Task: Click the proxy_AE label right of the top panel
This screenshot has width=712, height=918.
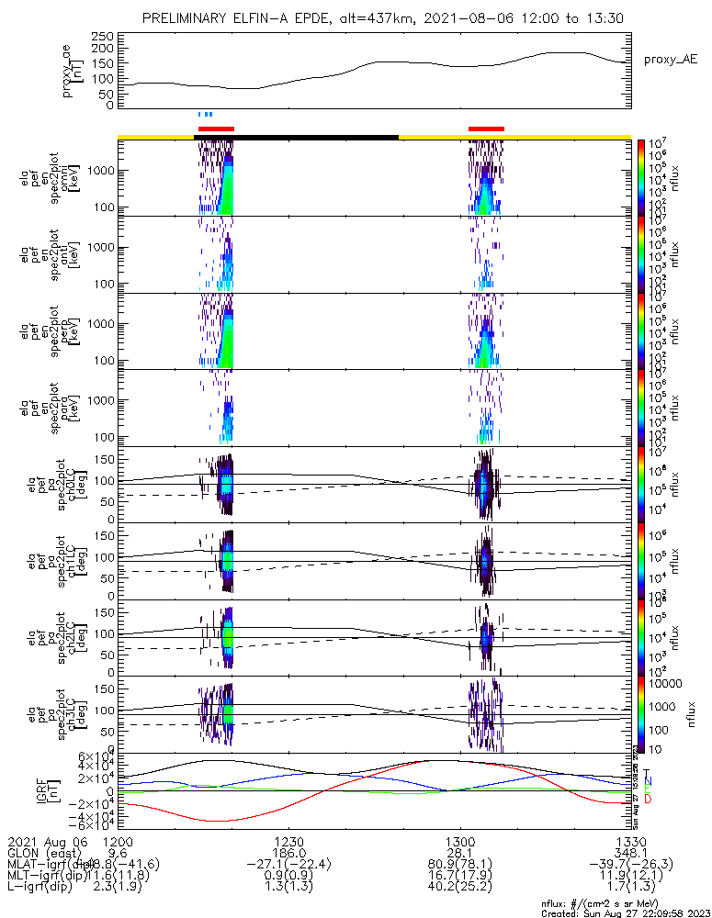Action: [x=671, y=60]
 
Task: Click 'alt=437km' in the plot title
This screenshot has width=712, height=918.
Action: [x=390, y=18]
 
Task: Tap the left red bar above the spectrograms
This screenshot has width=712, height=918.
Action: [x=217, y=129]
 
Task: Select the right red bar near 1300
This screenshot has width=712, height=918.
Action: [x=486, y=129]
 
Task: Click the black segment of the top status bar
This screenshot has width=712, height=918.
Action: [x=296, y=137]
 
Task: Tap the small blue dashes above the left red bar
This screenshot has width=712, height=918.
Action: [x=205, y=115]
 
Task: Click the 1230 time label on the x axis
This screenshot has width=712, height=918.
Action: [x=288, y=842]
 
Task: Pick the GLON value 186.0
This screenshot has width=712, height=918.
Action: [x=288, y=853]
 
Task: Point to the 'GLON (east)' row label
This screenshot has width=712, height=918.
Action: [x=42, y=853]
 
